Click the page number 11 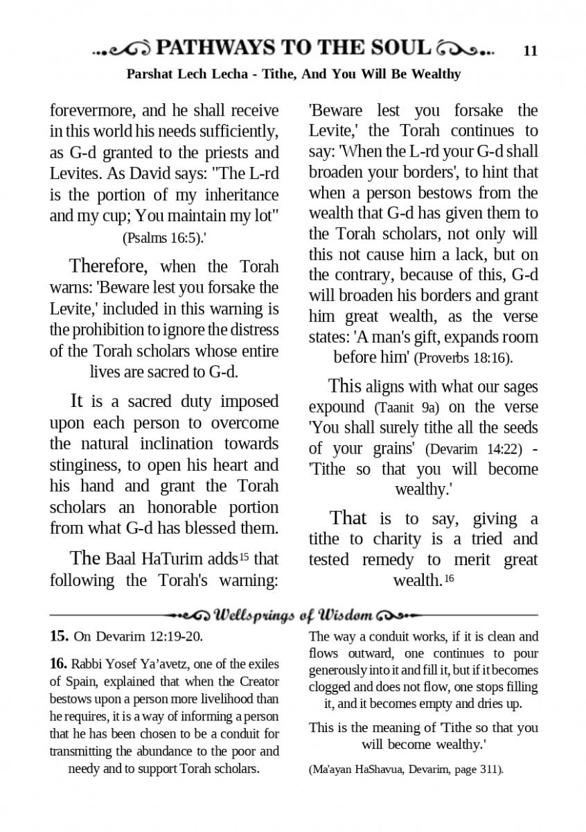[531, 50]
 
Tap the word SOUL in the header [398, 48]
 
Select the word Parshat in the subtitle [149, 73]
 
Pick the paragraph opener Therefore [109, 266]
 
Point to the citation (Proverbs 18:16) [463, 358]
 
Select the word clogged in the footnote [331, 687]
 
